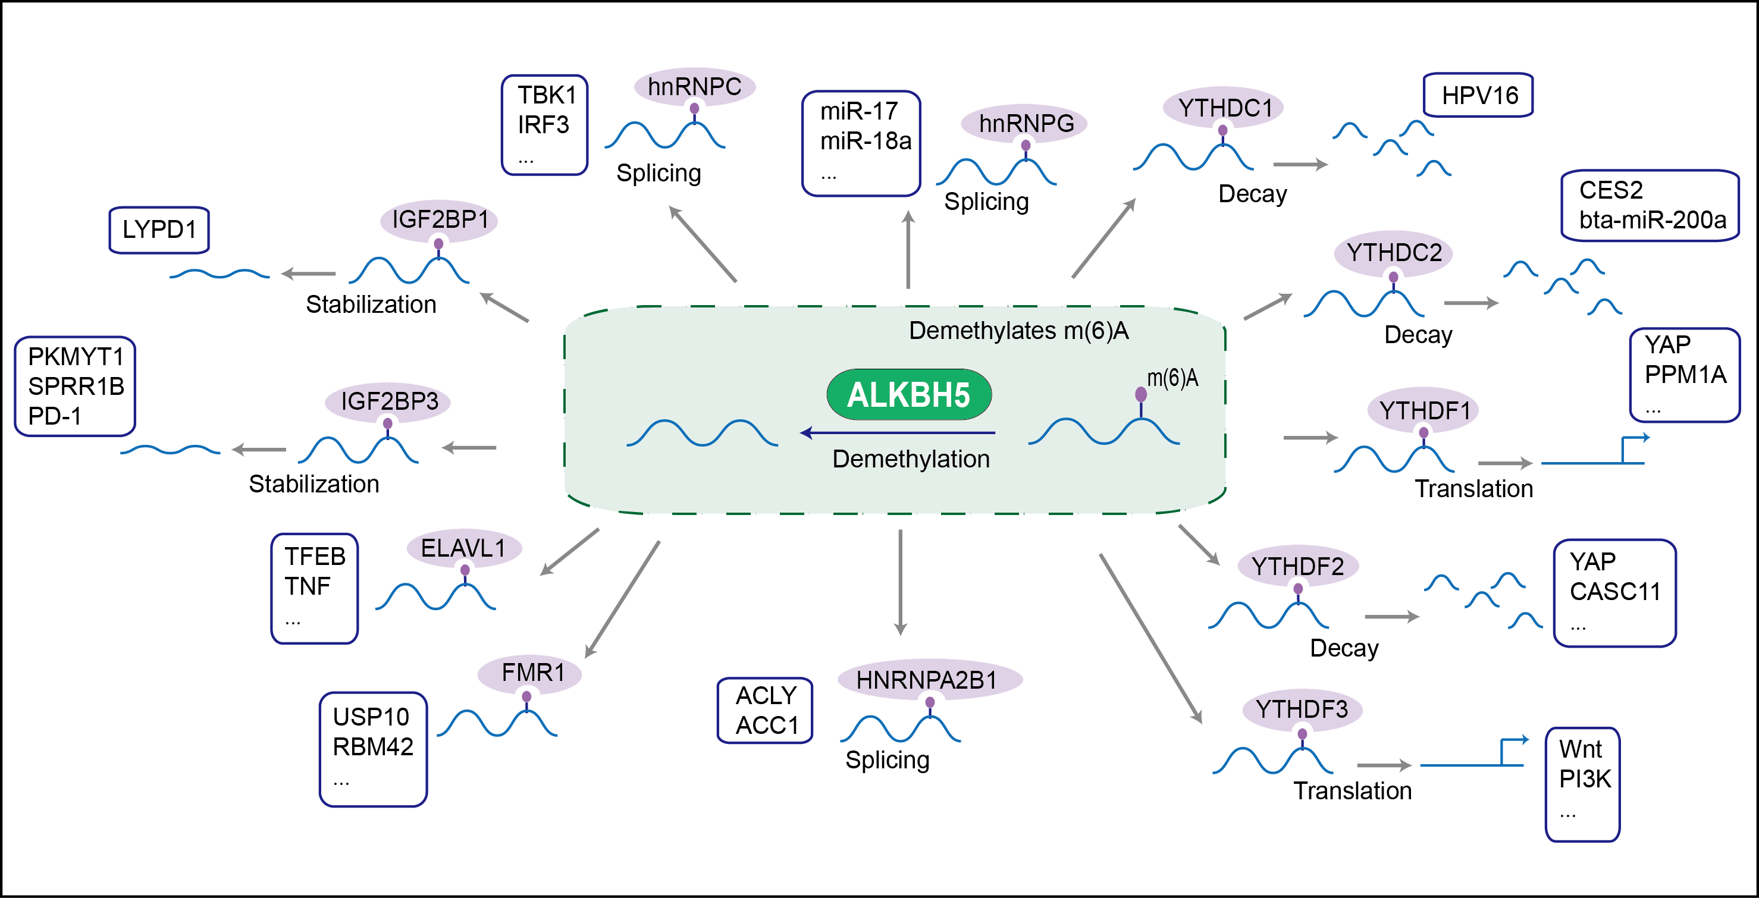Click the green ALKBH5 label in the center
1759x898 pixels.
(908, 395)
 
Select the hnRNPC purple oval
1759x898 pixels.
(694, 87)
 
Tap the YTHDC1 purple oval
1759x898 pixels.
(1224, 107)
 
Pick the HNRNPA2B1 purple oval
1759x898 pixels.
(929, 680)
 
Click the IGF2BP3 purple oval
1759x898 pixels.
(388, 401)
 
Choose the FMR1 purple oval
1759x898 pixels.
(531, 673)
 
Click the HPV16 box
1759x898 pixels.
(1479, 96)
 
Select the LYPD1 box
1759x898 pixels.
(159, 230)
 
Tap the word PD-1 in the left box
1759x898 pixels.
(55, 416)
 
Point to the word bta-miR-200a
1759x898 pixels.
(1653, 220)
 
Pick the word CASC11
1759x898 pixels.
(1614, 591)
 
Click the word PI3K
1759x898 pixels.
(1585, 778)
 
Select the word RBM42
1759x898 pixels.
(373, 747)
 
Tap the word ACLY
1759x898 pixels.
(766, 695)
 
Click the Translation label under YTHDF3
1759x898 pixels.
(1352, 790)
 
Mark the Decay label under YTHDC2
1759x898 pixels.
(1418, 335)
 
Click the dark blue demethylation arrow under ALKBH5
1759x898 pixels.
(897, 432)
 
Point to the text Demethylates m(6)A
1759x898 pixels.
(1018, 331)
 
